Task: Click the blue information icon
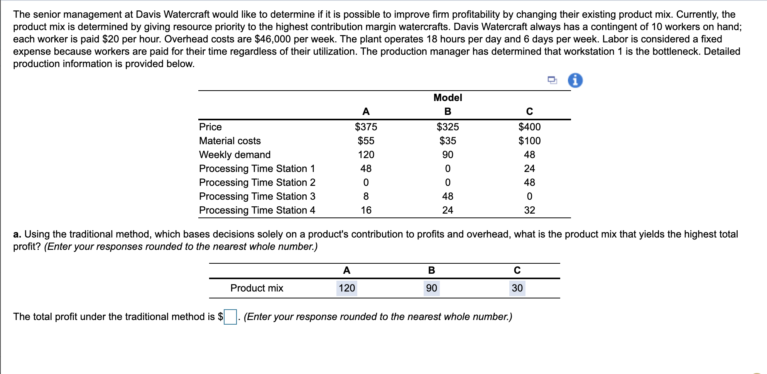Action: click(x=575, y=81)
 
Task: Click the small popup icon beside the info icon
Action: click(x=552, y=80)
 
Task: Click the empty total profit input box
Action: click(x=230, y=317)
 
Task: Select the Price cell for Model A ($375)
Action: click(x=366, y=127)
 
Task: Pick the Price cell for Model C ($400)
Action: click(x=529, y=127)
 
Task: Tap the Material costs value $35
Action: click(x=448, y=141)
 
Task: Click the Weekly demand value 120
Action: click(x=366, y=155)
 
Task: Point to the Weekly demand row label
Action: click(x=235, y=155)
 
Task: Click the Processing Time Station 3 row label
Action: click(x=257, y=196)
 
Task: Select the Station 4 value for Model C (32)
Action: click(x=529, y=210)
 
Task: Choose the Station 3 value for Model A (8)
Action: click(x=366, y=196)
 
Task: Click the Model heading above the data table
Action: click(x=448, y=98)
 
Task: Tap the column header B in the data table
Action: click(x=448, y=111)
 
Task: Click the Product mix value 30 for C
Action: click(x=517, y=288)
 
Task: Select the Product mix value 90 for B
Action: click(x=431, y=288)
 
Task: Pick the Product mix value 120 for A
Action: click(x=346, y=288)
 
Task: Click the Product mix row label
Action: click(x=257, y=288)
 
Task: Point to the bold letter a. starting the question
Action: click(x=17, y=234)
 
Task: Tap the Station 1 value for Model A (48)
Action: click(x=366, y=168)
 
